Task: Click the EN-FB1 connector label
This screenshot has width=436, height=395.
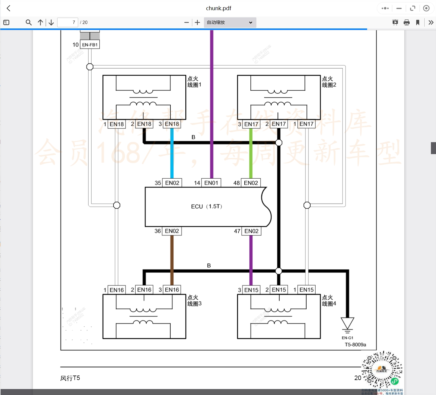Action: [x=90, y=45]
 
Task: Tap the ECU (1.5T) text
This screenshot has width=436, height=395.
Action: [x=206, y=206]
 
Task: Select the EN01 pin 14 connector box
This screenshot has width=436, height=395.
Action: [x=211, y=183]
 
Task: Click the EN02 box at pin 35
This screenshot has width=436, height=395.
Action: [x=172, y=183]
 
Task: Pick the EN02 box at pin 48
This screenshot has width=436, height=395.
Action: [x=251, y=183]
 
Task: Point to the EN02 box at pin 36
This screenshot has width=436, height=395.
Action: [x=172, y=231]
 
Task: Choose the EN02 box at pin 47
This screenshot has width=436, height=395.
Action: [x=251, y=231]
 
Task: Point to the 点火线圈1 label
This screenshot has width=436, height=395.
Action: [x=194, y=82]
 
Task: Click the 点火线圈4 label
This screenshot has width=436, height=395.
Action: [x=329, y=300]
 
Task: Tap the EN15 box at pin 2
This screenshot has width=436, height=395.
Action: [x=279, y=290]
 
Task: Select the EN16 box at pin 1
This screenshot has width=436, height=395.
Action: [x=116, y=290]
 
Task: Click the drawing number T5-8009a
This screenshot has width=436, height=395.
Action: [x=355, y=345]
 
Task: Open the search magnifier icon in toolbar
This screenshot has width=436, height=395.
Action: [x=29, y=22]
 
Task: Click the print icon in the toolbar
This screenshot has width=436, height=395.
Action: [x=407, y=22]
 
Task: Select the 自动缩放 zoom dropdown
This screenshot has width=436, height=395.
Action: [x=230, y=22]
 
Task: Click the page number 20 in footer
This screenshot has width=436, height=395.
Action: [x=358, y=378]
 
